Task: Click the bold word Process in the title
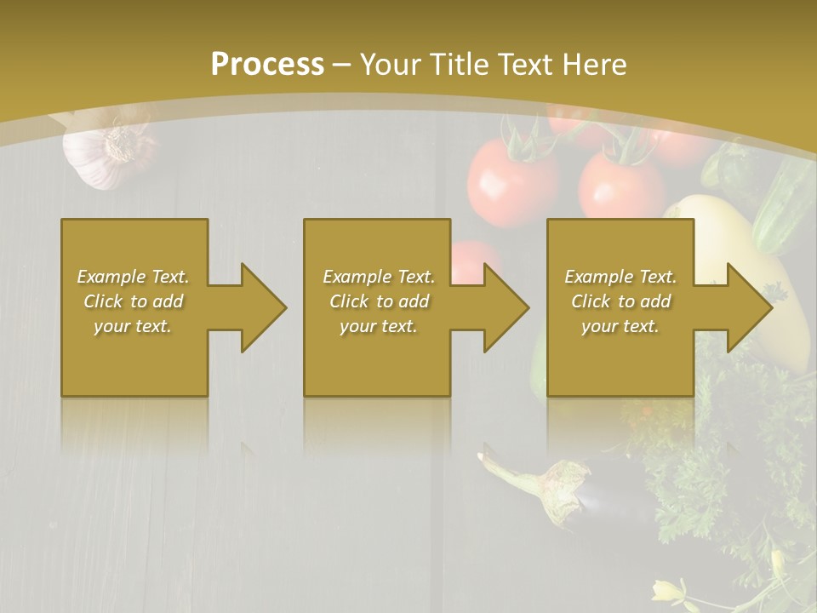[x=267, y=65]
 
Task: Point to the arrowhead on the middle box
[x=506, y=307]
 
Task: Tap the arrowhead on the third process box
[x=749, y=307]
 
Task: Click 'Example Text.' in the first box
[x=134, y=277]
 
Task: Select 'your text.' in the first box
[x=134, y=326]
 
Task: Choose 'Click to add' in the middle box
[x=379, y=301]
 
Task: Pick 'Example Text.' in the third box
[x=620, y=277]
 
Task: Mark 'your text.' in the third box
[x=620, y=326]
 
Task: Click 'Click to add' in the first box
[x=134, y=301]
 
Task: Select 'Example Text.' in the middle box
[x=379, y=277]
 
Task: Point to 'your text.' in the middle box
[x=379, y=326]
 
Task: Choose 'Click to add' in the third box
[x=620, y=301]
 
